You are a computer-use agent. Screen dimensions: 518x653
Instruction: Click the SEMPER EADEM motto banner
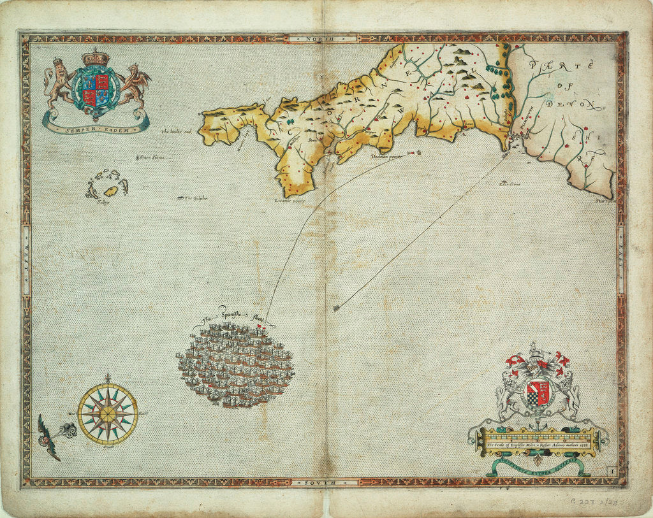pyautogui.click(x=96, y=128)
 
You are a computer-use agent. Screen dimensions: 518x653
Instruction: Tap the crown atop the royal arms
pyautogui.click(x=96, y=57)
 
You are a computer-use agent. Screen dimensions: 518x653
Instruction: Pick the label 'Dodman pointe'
pyautogui.click(x=387, y=156)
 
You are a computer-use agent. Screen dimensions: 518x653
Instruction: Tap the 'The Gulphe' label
pyautogui.click(x=195, y=198)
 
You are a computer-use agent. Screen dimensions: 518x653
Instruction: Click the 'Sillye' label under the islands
pyautogui.click(x=98, y=201)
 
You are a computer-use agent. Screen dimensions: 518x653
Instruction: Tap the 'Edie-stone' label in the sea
pyautogui.click(x=510, y=184)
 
